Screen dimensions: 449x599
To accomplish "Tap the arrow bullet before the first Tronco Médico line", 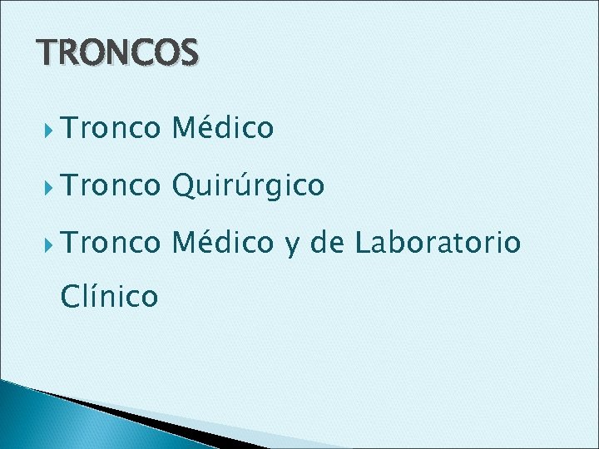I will click(49, 129).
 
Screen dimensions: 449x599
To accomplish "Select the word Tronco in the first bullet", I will click(109, 128).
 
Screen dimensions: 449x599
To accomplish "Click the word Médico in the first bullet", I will click(222, 127).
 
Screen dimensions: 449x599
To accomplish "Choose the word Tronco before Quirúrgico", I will click(109, 185).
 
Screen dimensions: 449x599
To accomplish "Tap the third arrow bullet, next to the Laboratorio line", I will click(49, 244).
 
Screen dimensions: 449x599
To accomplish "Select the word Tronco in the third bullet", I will click(109, 243).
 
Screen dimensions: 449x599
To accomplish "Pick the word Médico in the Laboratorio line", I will click(222, 242).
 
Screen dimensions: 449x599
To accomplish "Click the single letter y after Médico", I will click(291, 245).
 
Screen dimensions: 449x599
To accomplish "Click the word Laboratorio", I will click(438, 243).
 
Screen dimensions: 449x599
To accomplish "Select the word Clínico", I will click(109, 294).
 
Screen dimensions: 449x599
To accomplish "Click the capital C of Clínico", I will click(72, 294).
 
